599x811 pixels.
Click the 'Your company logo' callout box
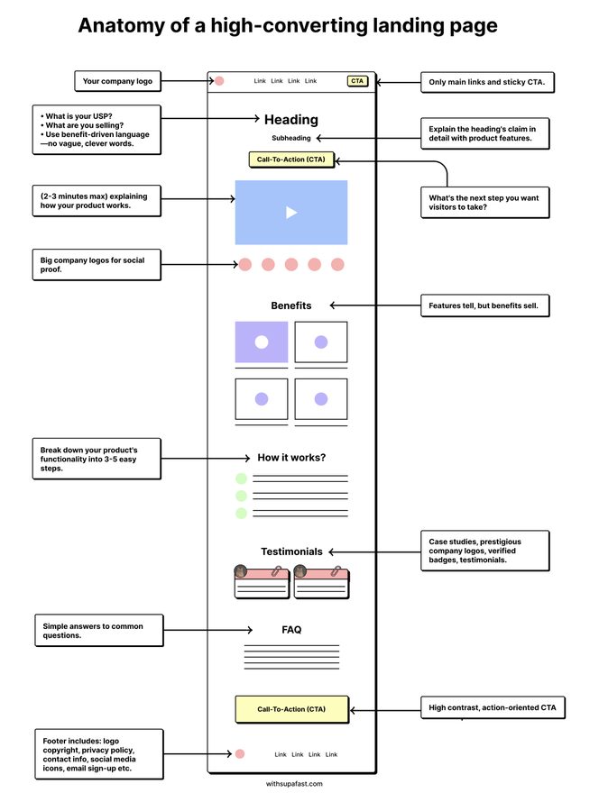(117, 81)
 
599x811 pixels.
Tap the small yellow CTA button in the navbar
(357, 81)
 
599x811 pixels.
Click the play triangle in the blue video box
(291, 213)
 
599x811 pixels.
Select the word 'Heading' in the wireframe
(291, 120)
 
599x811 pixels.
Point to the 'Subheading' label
(291, 138)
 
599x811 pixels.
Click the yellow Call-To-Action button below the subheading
(290, 159)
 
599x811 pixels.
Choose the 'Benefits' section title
(291, 305)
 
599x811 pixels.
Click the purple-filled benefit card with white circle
(262, 342)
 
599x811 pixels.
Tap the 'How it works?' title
(291, 458)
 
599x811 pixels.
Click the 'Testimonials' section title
(291, 551)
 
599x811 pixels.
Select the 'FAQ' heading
(291, 630)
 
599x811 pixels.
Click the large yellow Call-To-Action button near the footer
(291, 709)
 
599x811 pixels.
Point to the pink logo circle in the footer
(240, 753)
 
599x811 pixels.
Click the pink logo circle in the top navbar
(219, 81)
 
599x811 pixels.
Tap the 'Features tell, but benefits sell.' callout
(484, 305)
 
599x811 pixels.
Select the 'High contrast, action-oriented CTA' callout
(493, 708)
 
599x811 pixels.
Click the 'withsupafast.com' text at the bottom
(294, 784)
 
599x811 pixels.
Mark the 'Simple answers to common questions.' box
(99, 631)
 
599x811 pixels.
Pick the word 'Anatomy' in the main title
(121, 26)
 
